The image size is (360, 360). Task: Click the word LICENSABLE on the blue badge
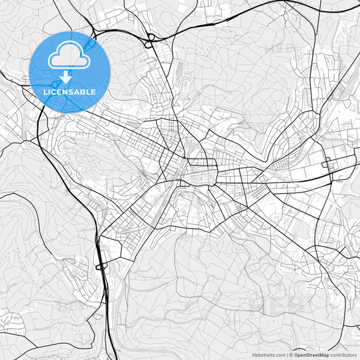point(70,92)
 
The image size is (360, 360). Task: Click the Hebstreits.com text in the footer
point(269,355)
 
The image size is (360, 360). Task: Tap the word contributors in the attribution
point(344,355)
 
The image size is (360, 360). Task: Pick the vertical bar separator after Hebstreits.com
point(286,355)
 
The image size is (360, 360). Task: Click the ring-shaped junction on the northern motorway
point(150,37)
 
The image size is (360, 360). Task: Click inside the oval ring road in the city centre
point(201,175)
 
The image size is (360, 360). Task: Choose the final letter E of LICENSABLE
point(93,92)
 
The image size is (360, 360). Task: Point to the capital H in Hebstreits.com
point(254,355)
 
